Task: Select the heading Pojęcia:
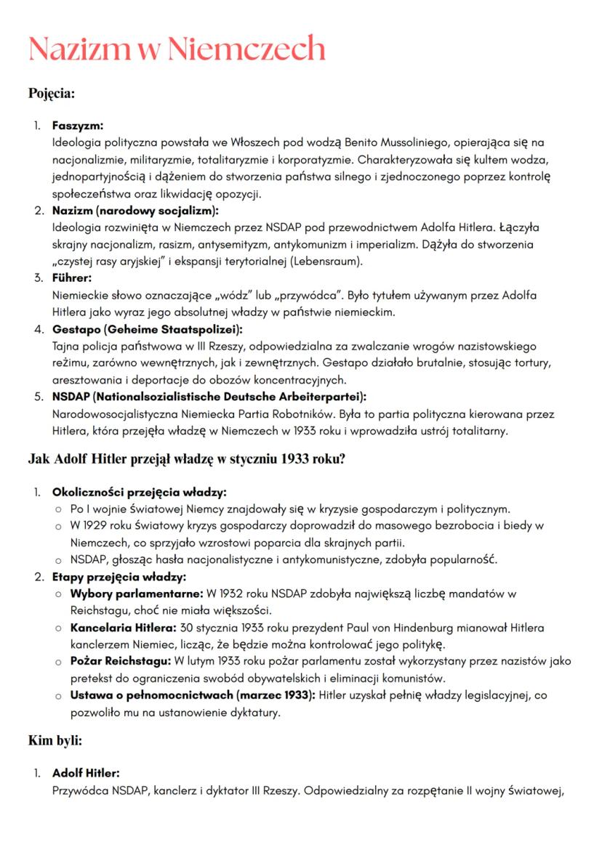pyautogui.click(x=52, y=94)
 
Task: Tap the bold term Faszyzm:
pyautogui.click(x=78, y=126)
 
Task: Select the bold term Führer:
pyautogui.click(x=73, y=278)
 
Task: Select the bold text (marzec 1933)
pyautogui.click(x=276, y=696)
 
